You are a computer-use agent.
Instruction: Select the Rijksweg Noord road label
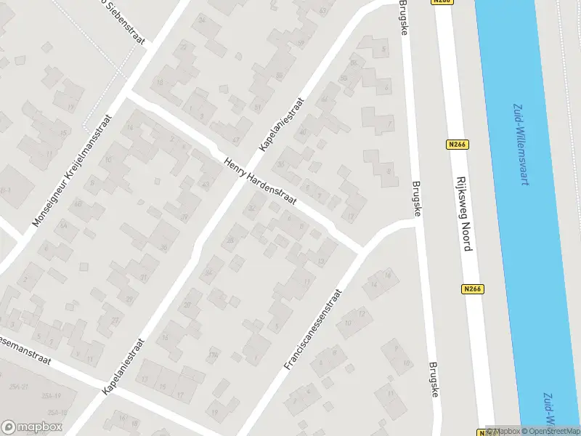coord(464,213)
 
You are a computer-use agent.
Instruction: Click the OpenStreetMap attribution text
coord(551,431)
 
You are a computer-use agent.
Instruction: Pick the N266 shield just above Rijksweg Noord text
coord(456,145)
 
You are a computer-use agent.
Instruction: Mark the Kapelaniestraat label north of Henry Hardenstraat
coord(282,125)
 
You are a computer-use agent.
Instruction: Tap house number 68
coord(78,203)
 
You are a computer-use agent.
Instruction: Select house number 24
coord(208,274)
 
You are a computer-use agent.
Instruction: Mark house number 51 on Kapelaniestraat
coord(257,108)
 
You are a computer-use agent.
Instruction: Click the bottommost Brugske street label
coord(434,380)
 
